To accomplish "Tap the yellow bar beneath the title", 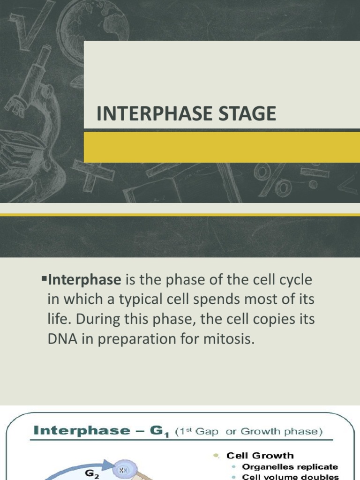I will tap(222, 147).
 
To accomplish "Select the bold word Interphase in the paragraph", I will tap(85, 280).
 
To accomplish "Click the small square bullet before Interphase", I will tap(45, 280).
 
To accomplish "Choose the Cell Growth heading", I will tap(260, 455).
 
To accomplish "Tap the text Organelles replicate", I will tap(290, 467).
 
